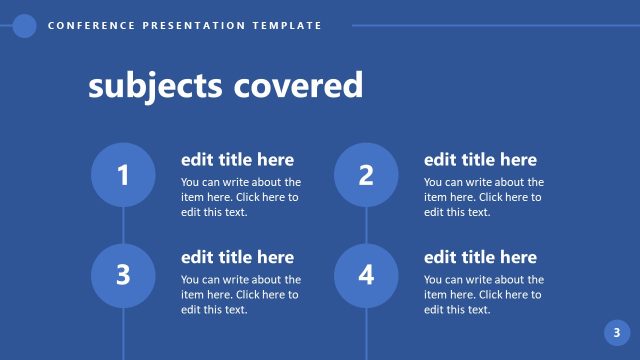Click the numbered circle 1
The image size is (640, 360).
[123, 176]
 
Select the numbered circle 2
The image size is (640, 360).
[366, 176]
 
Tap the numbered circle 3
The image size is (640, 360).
[123, 274]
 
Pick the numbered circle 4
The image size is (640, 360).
[366, 274]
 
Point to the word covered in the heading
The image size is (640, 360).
[297, 86]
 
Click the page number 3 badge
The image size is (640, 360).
[616, 333]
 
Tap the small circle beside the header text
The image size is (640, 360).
[25, 26]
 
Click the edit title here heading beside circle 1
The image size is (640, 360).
[237, 160]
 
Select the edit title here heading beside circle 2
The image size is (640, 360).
[480, 160]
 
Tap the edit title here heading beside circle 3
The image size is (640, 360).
[237, 258]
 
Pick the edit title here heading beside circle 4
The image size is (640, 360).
[480, 258]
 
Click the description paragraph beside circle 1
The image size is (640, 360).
[240, 197]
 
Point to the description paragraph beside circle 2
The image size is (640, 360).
[483, 197]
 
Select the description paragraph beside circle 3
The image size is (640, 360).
[240, 294]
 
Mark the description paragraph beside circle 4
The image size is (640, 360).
[483, 294]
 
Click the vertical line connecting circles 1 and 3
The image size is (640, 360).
[123, 225]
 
